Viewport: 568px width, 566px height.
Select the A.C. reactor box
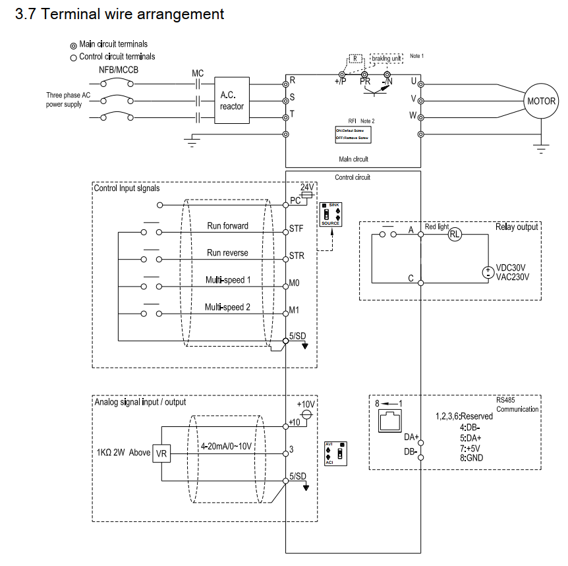(x=232, y=101)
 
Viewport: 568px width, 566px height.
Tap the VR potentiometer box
(x=162, y=453)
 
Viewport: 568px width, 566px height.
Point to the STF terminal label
(x=297, y=230)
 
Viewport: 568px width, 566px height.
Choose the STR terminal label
(x=297, y=256)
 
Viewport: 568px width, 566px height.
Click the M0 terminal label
(x=295, y=284)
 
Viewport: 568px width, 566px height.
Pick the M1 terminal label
(x=295, y=311)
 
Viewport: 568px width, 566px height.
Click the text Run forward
(x=227, y=226)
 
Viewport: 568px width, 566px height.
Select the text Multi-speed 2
(x=227, y=307)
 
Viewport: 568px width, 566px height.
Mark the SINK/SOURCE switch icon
(x=331, y=215)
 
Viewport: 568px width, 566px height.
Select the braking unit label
(x=386, y=58)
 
